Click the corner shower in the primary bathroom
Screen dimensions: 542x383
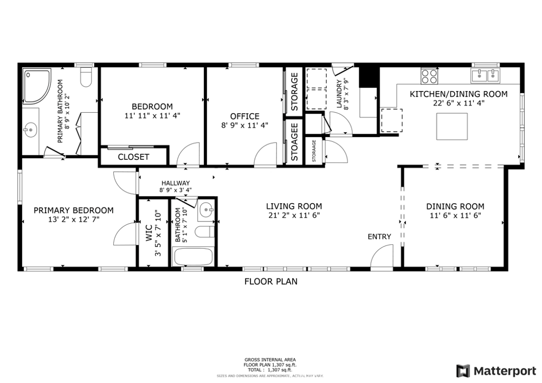[37, 86]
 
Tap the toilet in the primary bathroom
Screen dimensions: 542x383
[86, 77]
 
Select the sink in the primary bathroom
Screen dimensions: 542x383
[30, 130]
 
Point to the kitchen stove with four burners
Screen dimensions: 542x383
[429, 76]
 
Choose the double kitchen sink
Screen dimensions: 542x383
[485, 75]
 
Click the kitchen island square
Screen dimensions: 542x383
[452, 126]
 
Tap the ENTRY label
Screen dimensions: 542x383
[379, 237]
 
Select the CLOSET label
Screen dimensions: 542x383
[133, 157]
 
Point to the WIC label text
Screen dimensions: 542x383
[149, 233]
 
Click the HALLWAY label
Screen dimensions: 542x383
[176, 183]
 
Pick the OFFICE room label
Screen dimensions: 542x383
[245, 116]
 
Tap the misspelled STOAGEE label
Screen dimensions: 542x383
[294, 142]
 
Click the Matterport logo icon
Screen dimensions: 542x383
[463, 371]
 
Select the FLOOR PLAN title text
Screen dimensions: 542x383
[270, 282]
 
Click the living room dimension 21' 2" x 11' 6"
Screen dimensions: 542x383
[294, 216]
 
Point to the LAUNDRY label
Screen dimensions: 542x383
[339, 94]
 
